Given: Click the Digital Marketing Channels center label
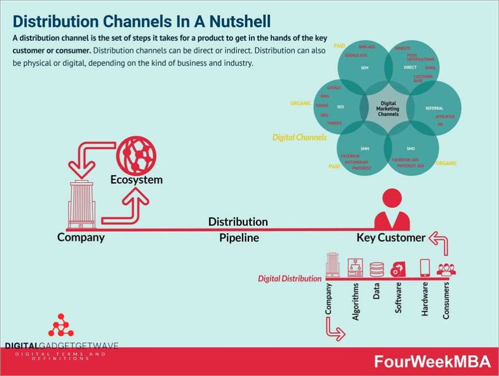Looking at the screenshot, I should click(x=388, y=108).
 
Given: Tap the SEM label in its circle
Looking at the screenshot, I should click(x=365, y=68).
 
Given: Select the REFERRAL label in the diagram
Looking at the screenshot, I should click(x=434, y=108).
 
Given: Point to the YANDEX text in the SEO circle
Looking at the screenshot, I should click(x=334, y=123).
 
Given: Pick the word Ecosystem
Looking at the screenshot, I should click(x=136, y=180).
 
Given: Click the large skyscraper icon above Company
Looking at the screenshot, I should click(x=81, y=205).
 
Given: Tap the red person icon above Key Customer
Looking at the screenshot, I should click(x=392, y=211).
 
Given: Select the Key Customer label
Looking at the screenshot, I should click(x=391, y=238).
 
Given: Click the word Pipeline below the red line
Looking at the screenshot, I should click(x=239, y=238).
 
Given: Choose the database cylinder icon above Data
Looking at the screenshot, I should click(x=377, y=269).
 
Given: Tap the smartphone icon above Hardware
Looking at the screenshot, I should click(x=424, y=268).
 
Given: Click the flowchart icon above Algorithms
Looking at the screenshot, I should click(x=355, y=268).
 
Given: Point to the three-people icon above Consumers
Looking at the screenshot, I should click(x=446, y=269).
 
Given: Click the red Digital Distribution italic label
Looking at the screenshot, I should click(x=289, y=279).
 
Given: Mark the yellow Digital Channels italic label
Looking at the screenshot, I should click(x=299, y=137).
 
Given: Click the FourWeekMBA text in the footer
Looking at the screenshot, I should click(x=432, y=361).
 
